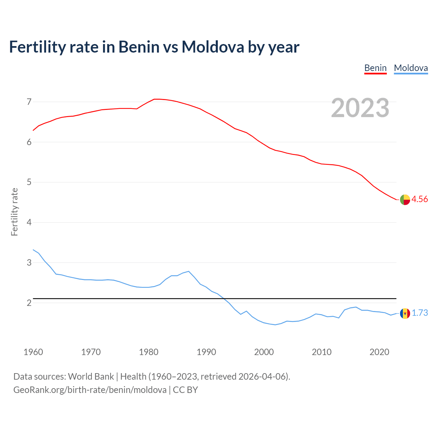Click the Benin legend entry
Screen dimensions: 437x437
point(375,68)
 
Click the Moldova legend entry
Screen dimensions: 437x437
point(411,68)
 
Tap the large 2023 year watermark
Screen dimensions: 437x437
point(360,108)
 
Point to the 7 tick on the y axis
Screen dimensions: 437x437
point(29,102)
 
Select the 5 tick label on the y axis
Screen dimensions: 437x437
point(29,182)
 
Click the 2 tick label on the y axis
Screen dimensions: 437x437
point(29,303)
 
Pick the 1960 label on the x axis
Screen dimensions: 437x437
point(33,352)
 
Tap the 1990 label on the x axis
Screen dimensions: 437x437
point(206,352)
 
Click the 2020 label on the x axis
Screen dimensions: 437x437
point(379,352)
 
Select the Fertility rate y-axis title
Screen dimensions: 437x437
point(14,212)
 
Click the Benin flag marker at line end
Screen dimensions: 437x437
point(405,200)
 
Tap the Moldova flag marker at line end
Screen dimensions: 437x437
point(405,313)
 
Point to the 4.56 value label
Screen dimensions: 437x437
point(420,199)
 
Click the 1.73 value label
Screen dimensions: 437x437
point(420,313)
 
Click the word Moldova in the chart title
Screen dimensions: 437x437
point(213,47)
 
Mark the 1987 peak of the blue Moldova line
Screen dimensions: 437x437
point(188,271)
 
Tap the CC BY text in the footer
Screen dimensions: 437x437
point(185,390)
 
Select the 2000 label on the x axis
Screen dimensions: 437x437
point(264,352)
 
